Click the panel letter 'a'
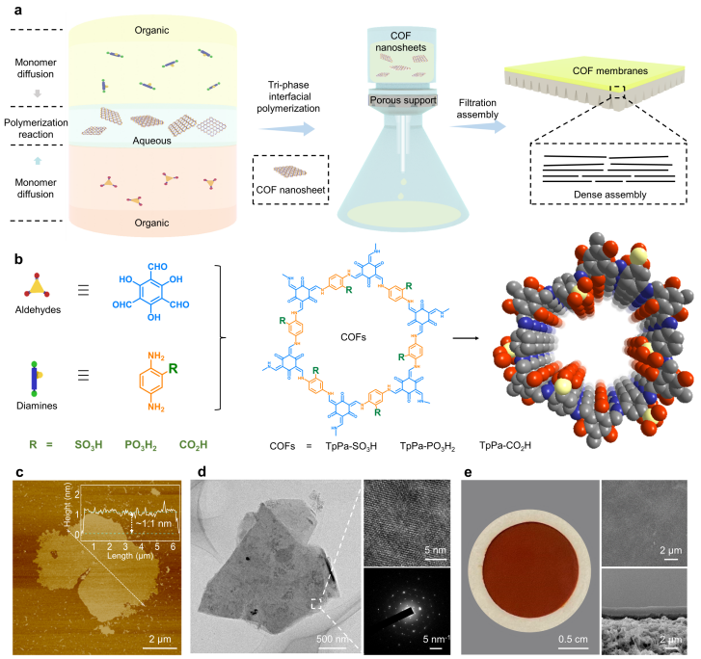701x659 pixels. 12,10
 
